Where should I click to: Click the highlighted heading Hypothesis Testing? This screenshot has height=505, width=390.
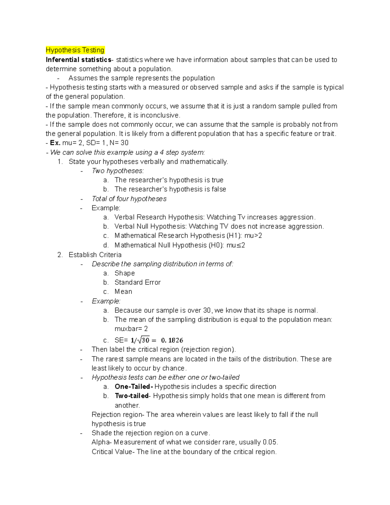(x=75, y=50)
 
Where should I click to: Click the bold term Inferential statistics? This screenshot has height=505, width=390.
(x=78, y=60)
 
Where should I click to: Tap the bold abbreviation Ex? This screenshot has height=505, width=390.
(x=55, y=143)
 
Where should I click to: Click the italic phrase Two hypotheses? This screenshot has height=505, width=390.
(x=118, y=171)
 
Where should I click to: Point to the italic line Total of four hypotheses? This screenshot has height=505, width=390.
(x=129, y=199)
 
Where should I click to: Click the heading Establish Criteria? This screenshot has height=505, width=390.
(x=95, y=255)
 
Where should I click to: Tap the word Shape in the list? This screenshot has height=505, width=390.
(x=124, y=273)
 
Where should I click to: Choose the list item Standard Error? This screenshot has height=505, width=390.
(x=137, y=282)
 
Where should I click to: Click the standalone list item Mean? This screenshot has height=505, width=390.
(x=123, y=291)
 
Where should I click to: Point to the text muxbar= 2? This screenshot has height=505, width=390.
(x=131, y=328)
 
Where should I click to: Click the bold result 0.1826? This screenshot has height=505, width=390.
(x=172, y=340)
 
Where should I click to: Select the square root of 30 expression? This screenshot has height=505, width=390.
(x=143, y=340)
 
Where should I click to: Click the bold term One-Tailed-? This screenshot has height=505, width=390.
(x=134, y=387)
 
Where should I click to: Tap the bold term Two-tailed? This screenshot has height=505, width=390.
(x=131, y=396)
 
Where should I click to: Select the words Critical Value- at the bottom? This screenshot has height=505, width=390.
(x=112, y=452)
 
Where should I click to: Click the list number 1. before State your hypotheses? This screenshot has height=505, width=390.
(x=60, y=162)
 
